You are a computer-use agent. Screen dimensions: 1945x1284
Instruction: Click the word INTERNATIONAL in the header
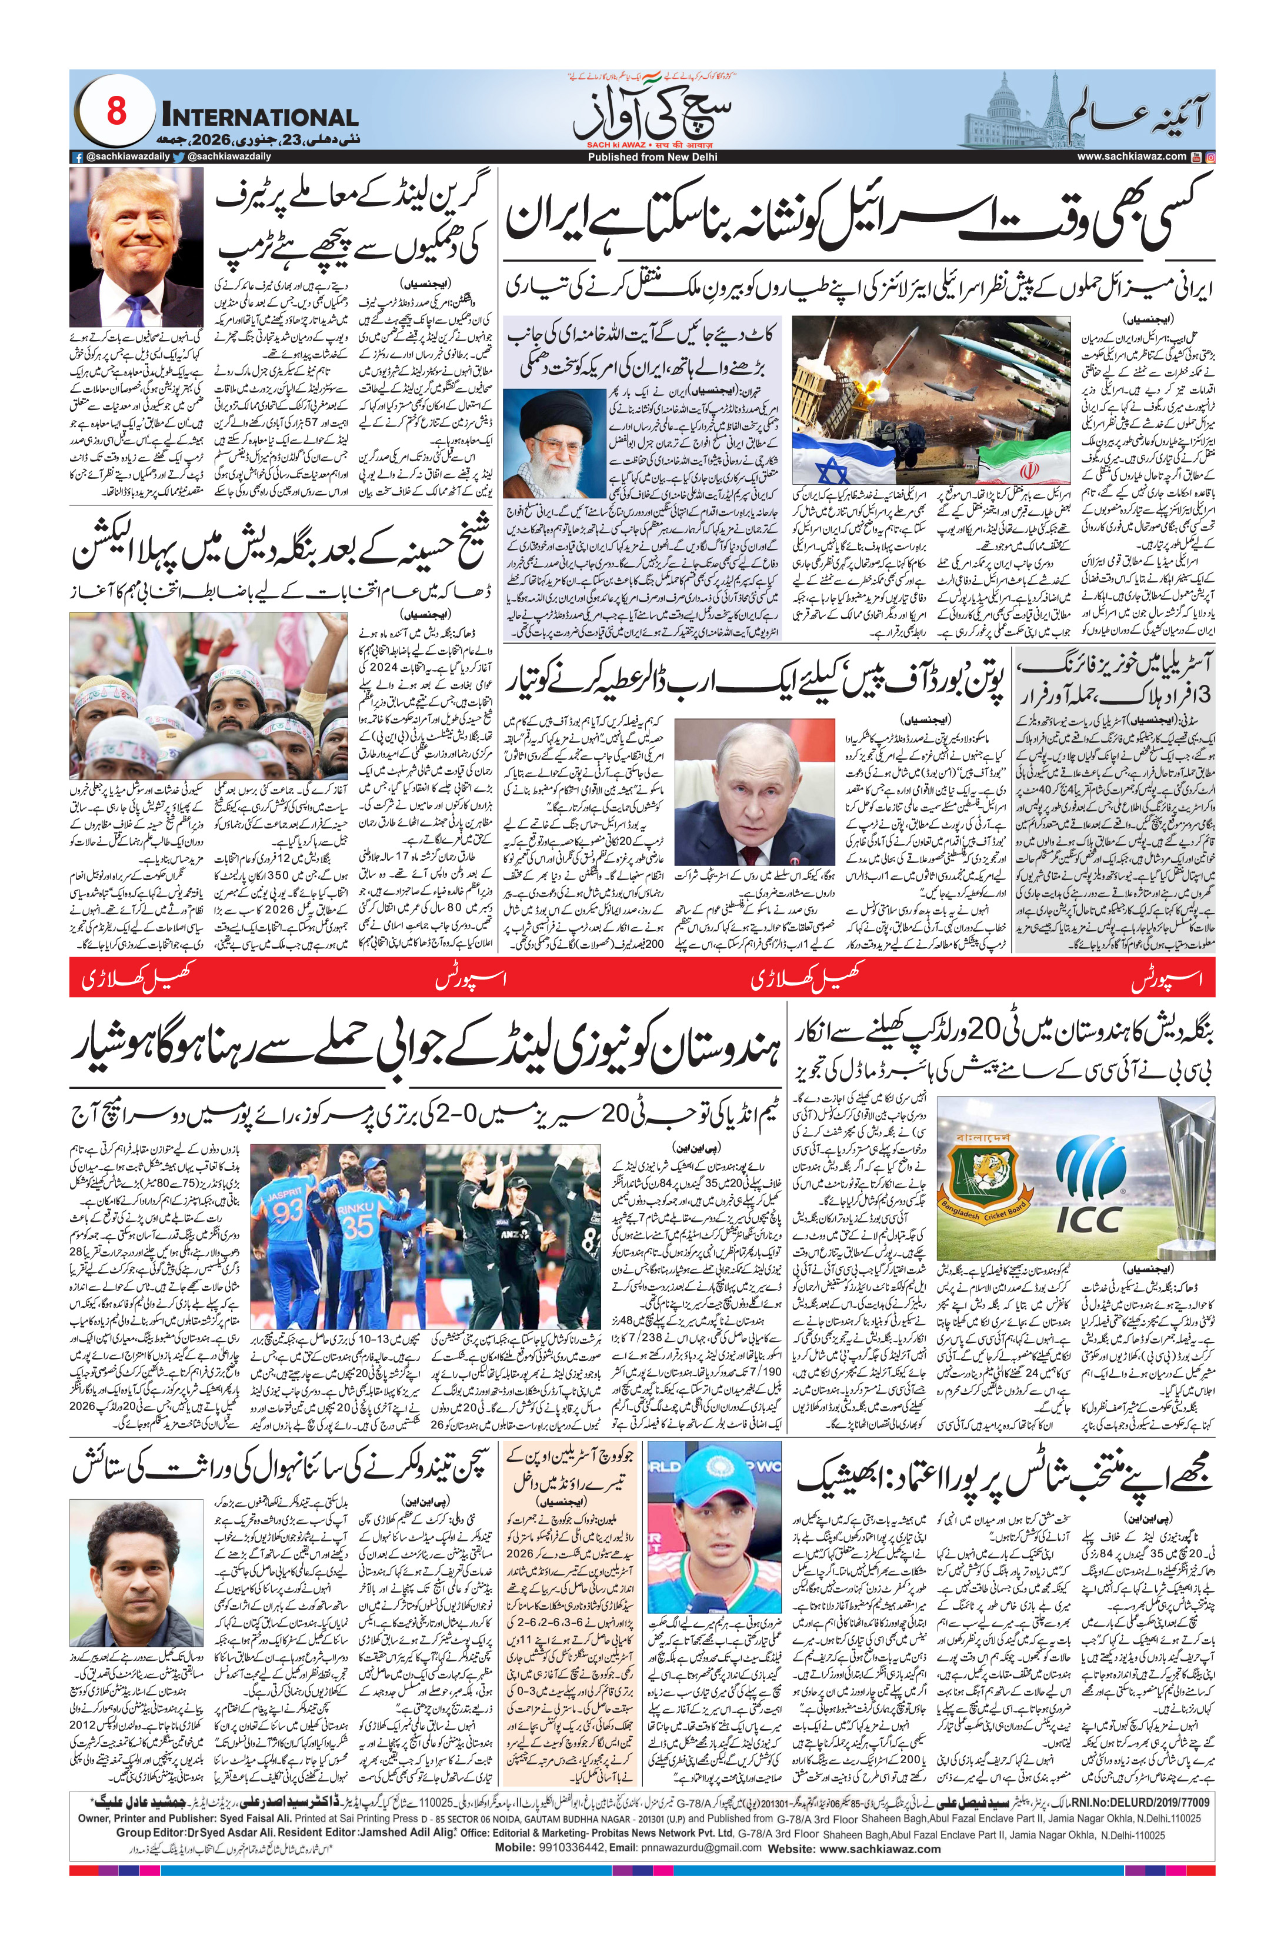(x=259, y=118)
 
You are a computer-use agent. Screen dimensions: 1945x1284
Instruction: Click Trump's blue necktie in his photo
(x=148, y=309)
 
